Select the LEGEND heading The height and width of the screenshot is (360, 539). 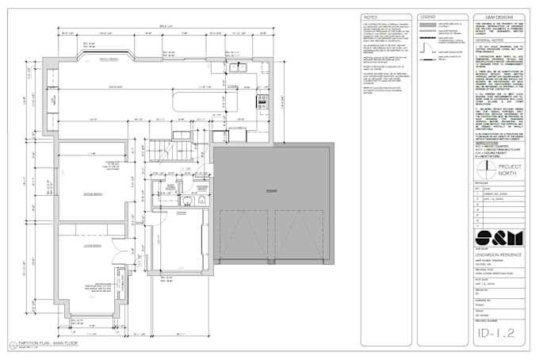(x=427, y=16)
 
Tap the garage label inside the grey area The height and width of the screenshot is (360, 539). (x=272, y=190)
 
